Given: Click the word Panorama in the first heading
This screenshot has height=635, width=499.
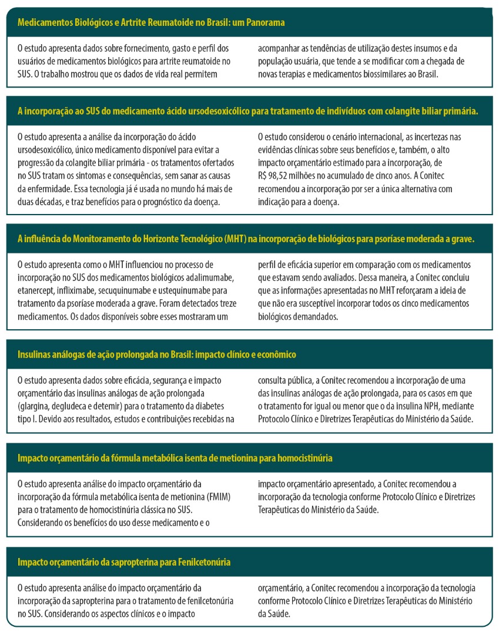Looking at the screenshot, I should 266,23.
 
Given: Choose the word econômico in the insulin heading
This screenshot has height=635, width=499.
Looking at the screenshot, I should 276,355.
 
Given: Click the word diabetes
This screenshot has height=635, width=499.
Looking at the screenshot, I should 215,406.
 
